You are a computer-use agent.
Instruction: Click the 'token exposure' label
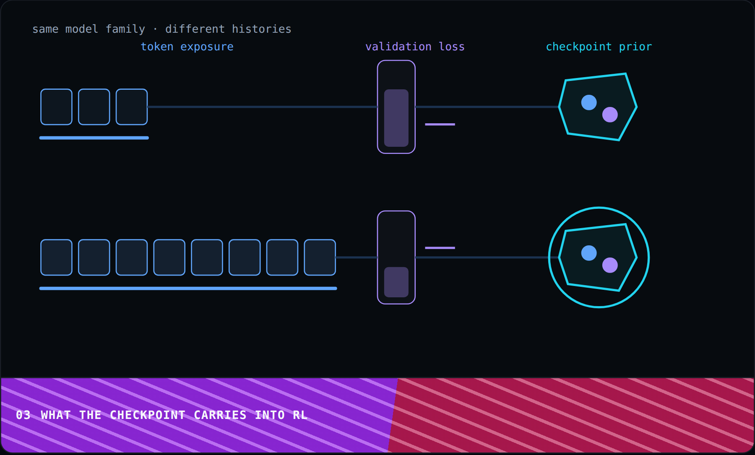(x=187, y=47)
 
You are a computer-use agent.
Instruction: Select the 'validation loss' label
(x=415, y=47)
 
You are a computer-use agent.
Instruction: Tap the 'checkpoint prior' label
(x=599, y=47)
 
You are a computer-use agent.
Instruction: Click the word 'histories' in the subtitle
(x=262, y=29)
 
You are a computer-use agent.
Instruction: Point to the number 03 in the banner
(x=23, y=415)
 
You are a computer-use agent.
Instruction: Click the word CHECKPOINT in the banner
(x=148, y=415)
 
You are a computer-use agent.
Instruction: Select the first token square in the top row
(x=56, y=107)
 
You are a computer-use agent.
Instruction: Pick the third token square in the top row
(x=132, y=107)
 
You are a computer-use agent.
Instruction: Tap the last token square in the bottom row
(x=320, y=257)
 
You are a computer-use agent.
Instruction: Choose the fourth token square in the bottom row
(x=169, y=257)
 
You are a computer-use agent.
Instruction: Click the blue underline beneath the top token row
(x=94, y=138)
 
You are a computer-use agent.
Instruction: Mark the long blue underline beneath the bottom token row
(x=188, y=289)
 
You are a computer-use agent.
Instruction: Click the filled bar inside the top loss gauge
(x=396, y=118)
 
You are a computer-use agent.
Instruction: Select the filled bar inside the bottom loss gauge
(x=396, y=282)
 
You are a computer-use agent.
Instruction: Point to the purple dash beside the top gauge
(x=440, y=124)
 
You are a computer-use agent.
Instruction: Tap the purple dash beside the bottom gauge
(x=440, y=248)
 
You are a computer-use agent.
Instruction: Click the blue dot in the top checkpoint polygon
(x=589, y=102)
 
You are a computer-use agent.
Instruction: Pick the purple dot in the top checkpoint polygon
(x=610, y=114)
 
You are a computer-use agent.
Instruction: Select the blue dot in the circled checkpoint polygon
(x=589, y=253)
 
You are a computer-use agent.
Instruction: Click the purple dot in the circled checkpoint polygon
(x=610, y=265)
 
